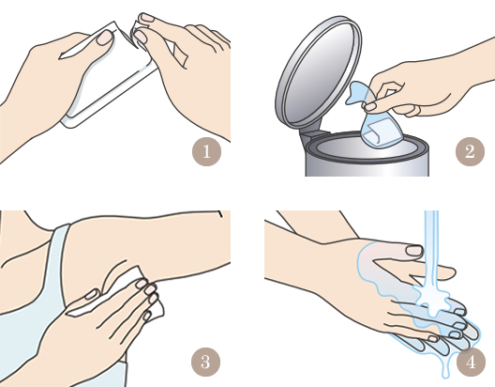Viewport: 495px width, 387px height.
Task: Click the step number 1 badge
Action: (x=206, y=151)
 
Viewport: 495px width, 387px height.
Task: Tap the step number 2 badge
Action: (x=470, y=151)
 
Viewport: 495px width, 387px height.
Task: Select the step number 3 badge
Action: (x=206, y=362)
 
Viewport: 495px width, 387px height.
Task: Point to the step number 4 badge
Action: (x=471, y=362)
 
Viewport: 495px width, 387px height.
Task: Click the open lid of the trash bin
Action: (x=318, y=72)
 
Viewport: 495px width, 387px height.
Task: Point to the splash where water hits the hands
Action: (x=431, y=299)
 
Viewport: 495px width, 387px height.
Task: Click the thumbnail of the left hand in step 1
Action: (x=105, y=38)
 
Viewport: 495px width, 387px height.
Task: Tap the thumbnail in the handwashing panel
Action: (x=414, y=251)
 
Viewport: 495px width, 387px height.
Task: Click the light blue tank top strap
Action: (x=57, y=253)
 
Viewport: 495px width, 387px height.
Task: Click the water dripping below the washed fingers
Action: (x=445, y=364)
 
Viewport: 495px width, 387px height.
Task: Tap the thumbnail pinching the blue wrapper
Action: (x=370, y=107)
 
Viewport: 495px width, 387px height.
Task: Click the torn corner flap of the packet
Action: (x=136, y=36)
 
